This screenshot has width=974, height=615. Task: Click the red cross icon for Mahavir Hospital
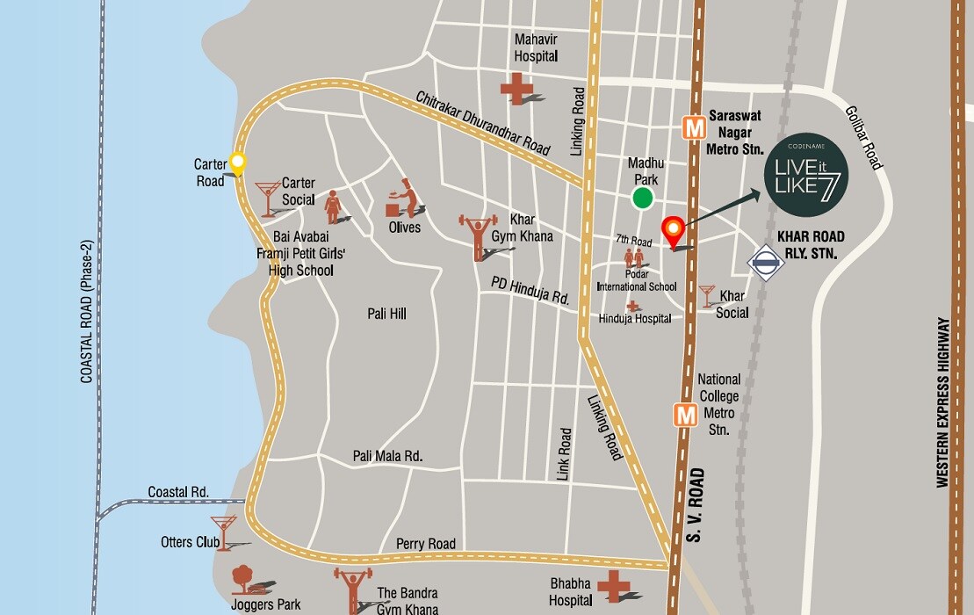[516, 88]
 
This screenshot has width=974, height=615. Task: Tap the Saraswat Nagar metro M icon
[695, 128]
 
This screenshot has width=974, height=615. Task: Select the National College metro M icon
[685, 415]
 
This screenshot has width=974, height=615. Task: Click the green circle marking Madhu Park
[644, 199]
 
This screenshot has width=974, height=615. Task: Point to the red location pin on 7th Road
[673, 231]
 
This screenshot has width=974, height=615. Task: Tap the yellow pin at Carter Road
[236, 163]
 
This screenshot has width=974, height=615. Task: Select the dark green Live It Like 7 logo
[805, 180]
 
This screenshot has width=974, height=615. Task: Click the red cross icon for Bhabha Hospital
[614, 585]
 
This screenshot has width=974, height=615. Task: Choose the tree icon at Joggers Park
[245, 581]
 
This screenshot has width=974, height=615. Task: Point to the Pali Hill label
[386, 314]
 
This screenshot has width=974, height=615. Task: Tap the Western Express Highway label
[943, 402]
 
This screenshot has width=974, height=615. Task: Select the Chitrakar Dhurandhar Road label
[483, 123]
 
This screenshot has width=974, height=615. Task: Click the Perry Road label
[426, 544]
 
